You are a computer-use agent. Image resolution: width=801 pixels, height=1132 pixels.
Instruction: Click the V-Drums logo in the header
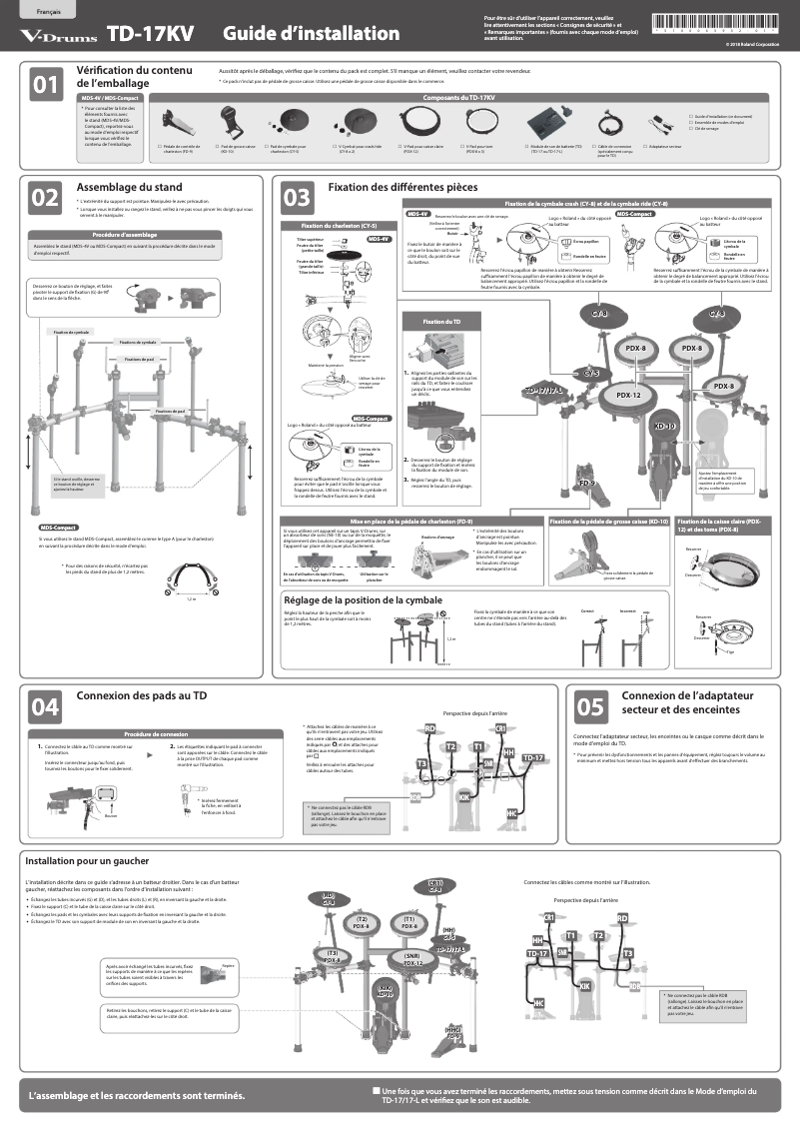(59, 36)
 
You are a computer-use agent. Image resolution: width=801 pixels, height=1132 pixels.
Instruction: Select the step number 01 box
(46, 85)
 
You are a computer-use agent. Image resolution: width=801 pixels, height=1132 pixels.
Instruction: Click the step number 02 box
(46, 198)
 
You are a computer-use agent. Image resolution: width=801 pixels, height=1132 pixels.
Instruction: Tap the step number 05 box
(590, 706)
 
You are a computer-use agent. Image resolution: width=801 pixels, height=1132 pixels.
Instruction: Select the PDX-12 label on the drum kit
(628, 395)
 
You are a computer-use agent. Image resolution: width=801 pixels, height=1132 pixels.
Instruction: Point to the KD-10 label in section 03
(665, 427)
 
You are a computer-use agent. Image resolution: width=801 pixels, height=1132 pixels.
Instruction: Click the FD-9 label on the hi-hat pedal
(587, 484)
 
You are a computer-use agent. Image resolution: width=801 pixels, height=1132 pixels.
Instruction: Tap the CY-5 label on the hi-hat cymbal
(591, 373)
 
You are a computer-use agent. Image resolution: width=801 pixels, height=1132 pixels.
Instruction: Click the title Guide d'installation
(311, 35)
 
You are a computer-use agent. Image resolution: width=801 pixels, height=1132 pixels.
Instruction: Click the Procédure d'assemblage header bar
(139, 234)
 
